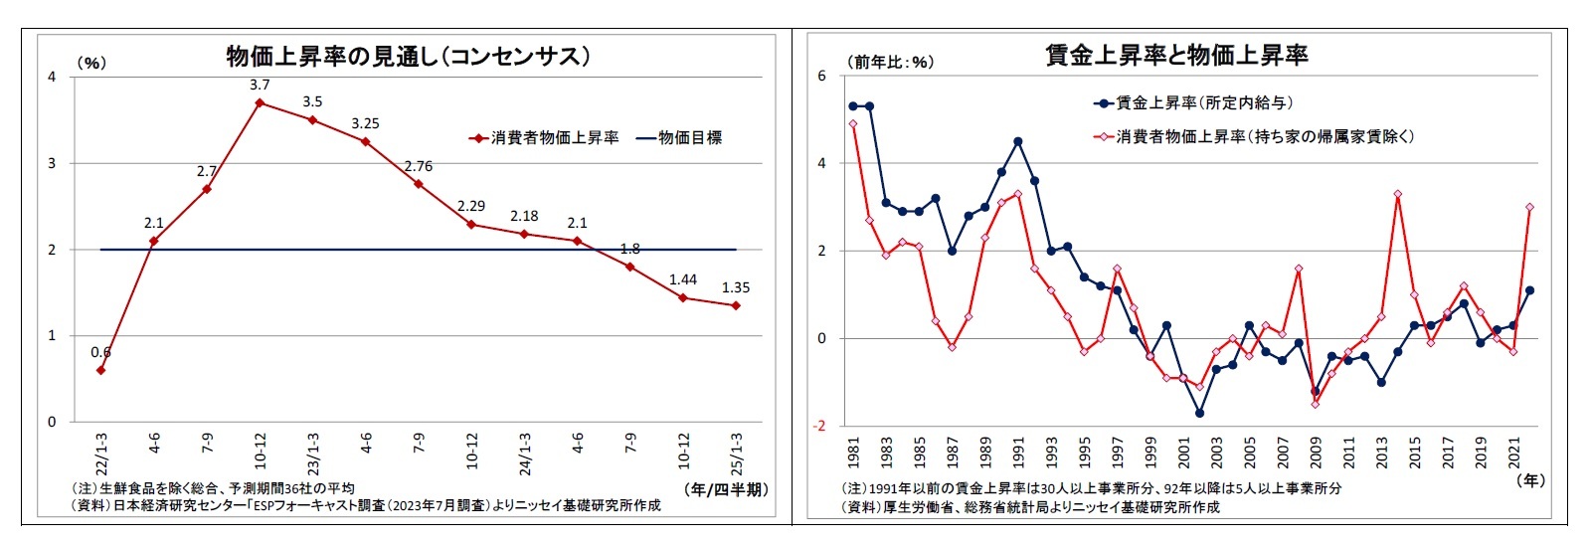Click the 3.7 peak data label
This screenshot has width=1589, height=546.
(260, 85)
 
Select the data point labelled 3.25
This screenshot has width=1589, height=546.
(365, 141)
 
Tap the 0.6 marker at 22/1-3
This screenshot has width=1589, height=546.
(100, 370)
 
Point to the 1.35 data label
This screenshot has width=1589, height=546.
(736, 287)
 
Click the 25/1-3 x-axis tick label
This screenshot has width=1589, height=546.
(736, 454)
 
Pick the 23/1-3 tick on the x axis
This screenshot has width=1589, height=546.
(312, 454)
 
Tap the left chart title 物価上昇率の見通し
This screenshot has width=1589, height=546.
(408, 57)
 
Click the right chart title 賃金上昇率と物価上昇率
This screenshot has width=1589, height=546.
(1176, 56)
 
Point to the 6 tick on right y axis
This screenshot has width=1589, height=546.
(821, 76)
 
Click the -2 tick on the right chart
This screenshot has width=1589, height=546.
(819, 426)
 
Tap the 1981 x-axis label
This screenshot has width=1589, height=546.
(853, 453)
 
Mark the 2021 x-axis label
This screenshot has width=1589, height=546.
(1513, 453)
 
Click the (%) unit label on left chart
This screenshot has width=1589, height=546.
(90, 63)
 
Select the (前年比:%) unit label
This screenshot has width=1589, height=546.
(891, 62)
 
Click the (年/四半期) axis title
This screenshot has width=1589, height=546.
(727, 489)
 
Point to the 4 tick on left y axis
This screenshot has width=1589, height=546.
(52, 77)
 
